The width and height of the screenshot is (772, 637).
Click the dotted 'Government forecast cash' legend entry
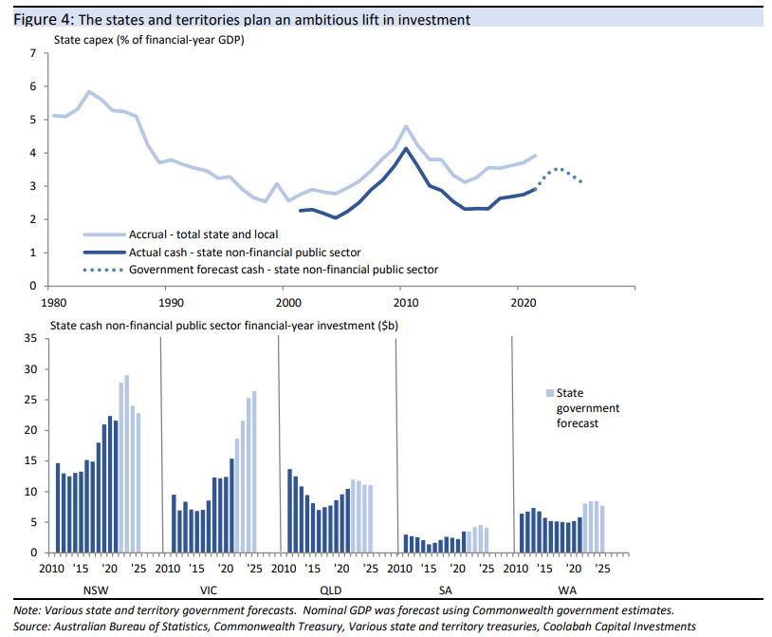point(284,270)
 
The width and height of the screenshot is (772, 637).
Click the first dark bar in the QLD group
point(289,511)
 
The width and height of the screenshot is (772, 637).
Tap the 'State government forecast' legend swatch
point(549,393)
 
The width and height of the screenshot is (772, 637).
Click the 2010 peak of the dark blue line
point(406,148)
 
